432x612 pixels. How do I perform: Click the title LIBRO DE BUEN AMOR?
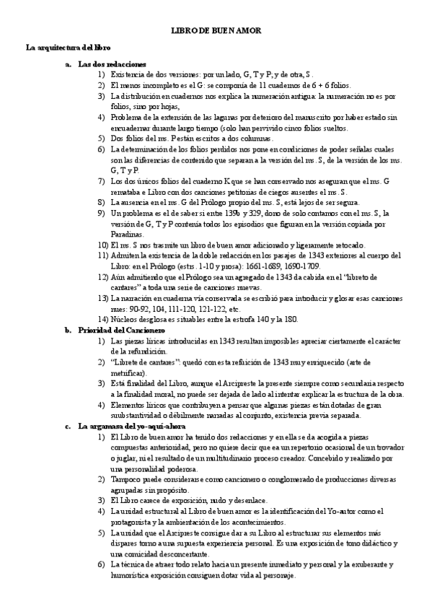216,31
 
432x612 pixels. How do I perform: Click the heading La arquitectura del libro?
68,48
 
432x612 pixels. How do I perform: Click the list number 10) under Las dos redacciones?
102,246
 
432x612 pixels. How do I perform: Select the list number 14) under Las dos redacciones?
102,318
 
